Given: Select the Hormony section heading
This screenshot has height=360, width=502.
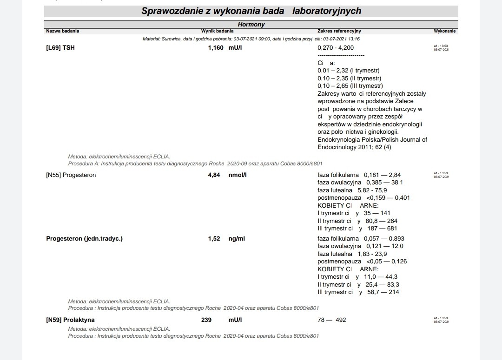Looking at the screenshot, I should click(251, 25).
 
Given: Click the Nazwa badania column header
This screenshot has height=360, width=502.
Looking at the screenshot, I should click(63, 31).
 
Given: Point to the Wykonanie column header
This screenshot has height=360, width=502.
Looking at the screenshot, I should click(445, 31).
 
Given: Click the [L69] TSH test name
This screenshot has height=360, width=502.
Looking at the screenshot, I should click(60, 48).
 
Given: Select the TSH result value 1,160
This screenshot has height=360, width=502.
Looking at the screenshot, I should click(216, 48).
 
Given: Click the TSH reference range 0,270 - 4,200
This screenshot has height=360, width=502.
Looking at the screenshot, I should click(336, 48).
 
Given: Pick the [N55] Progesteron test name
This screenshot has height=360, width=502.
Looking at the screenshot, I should click(71, 175).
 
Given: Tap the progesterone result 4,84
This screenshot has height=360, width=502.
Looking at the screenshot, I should click(214, 175).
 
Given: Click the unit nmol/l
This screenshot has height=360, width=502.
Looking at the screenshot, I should click(238, 175).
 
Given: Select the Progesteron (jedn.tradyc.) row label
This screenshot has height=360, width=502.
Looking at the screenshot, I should click(85, 239).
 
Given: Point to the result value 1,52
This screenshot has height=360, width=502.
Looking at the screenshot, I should click(214, 239).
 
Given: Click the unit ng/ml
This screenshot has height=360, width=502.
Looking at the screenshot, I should click(237, 239).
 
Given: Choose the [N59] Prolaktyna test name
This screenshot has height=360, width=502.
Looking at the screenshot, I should click(71, 320).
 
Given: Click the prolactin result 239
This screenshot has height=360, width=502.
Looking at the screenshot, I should click(206, 320).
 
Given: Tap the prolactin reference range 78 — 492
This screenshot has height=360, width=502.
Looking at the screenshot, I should click(332, 320).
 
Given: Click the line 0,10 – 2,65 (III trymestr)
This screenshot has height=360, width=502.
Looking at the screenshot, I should click(350, 86).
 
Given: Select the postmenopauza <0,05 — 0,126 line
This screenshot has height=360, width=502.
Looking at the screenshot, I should click(362, 262).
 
